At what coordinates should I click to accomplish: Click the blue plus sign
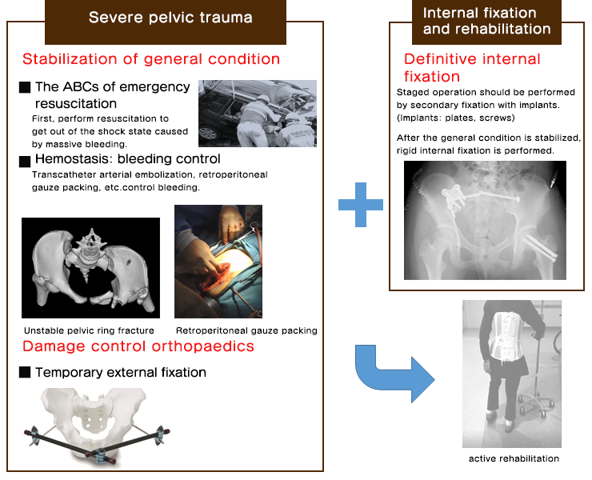pyautogui.click(x=361, y=205)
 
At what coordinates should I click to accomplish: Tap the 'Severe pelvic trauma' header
pyautogui.click(x=170, y=18)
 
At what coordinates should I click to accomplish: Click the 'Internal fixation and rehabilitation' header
pyautogui.click(x=486, y=21)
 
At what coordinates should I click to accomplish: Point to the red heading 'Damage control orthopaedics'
pyautogui.click(x=138, y=346)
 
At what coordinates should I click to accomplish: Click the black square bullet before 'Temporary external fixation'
pyautogui.click(x=25, y=372)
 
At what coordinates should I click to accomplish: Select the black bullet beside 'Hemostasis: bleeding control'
pyautogui.click(x=25, y=162)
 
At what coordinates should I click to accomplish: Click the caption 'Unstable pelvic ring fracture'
pyautogui.click(x=89, y=331)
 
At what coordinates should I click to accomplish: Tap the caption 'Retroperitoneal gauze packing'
pyautogui.click(x=246, y=331)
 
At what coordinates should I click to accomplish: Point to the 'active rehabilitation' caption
pyautogui.click(x=514, y=458)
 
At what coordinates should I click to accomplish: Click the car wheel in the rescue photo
pyautogui.click(x=208, y=134)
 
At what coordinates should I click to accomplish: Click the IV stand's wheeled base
pyautogui.click(x=536, y=404)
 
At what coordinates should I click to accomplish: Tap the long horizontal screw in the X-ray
pyautogui.click(x=493, y=196)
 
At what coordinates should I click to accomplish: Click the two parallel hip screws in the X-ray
pyautogui.click(x=540, y=248)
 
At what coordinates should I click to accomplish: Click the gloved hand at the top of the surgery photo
pyautogui.click(x=232, y=222)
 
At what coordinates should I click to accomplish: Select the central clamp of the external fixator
pyautogui.click(x=100, y=455)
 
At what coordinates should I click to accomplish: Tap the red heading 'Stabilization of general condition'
pyautogui.click(x=151, y=59)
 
